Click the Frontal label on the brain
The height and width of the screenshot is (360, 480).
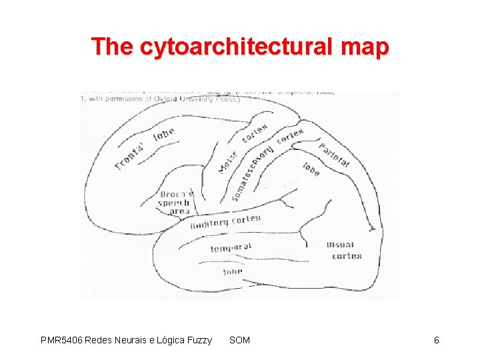click(x=132, y=155)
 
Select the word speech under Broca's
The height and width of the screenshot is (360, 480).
click(x=174, y=203)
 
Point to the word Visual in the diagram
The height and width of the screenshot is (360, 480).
click(x=341, y=245)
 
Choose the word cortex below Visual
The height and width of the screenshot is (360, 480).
click(x=347, y=255)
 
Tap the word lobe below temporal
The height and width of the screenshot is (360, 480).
click(x=232, y=272)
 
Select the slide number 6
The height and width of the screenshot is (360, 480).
click(x=437, y=341)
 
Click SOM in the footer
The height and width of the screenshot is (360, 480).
click(x=239, y=341)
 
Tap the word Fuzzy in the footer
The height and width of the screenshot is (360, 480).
click(x=199, y=341)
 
